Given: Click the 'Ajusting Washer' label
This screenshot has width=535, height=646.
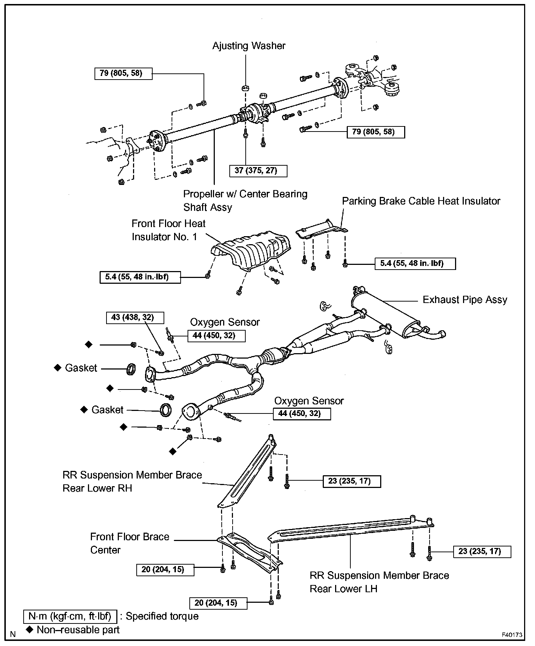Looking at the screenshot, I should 249,46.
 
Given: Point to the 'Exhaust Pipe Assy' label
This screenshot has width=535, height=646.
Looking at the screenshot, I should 464,300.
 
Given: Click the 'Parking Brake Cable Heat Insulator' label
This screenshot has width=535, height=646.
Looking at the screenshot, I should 421,201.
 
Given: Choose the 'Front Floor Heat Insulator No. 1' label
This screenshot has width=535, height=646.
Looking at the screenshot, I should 168,230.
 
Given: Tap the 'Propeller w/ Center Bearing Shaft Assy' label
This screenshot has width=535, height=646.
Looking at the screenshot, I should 245,201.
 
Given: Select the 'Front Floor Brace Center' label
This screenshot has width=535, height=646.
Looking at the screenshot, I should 129,543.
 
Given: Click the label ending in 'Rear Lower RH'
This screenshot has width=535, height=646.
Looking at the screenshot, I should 132,481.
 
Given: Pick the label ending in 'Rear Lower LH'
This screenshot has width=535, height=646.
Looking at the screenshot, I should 379,582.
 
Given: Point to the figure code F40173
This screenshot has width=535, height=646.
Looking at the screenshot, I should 512,635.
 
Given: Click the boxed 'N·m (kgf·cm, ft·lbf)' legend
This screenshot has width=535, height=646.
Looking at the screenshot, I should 70,616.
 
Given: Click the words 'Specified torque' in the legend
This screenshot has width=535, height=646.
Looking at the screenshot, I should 162,616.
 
